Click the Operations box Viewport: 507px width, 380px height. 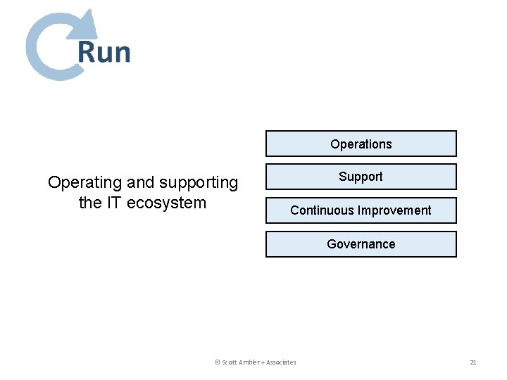pyautogui.click(x=361, y=144)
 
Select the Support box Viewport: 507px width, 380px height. pyautogui.click(x=361, y=177)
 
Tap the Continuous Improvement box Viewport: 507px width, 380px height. pyautogui.click(x=361, y=210)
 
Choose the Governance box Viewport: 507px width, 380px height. pyautogui.click(x=361, y=244)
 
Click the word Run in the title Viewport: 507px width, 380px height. pyautogui.click(x=104, y=53)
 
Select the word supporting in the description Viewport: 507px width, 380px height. pyautogui.click(x=199, y=183)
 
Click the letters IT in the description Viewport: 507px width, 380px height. pyautogui.click(x=114, y=203)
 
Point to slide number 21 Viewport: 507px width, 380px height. pyautogui.click(x=473, y=362)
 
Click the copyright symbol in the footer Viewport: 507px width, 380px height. pyautogui.click(x=217, y=362)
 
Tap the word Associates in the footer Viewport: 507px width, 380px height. pyautogui.click(x=281, y=362)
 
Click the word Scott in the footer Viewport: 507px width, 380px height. pyautogui.click(x=230, y=362)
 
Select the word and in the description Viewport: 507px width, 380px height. pyautogui.click(x=141, y=183)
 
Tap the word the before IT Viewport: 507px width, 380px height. pyautogui.click(x=90, y=203)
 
